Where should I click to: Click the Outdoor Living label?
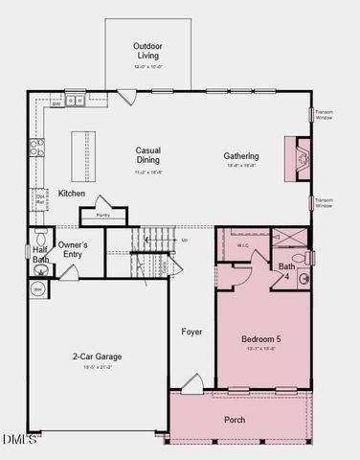click(x=146, y=50)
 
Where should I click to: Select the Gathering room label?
click(x=241, y=156)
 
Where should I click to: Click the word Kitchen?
click(x=72, y=194)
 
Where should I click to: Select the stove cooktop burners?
click(x=36, y=147)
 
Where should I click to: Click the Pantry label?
click(x=102, y=215)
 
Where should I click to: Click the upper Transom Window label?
click(x=325, y=112)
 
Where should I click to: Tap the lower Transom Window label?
click(x=325, y=202)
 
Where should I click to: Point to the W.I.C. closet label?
click(x=243, y=245)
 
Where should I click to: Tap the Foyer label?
click(x=192, y=332)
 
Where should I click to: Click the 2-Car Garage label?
click(x=98, y=357)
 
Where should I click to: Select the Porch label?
click(x=235, y=420)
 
